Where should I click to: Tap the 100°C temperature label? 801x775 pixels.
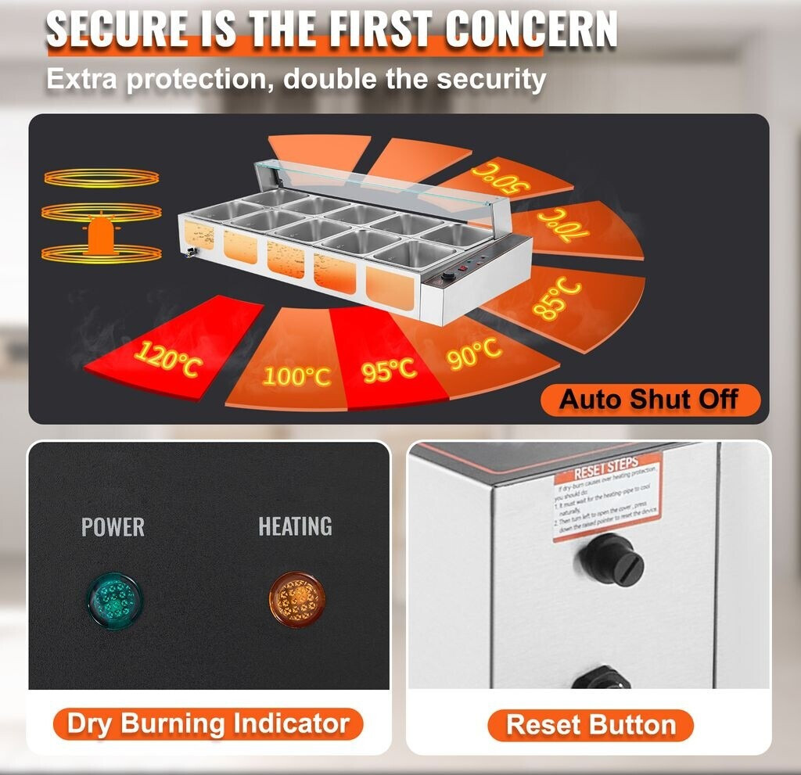pos(296,375)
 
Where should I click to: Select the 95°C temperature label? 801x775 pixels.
pos(389,368)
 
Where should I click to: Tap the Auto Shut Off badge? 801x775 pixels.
pos(648,400)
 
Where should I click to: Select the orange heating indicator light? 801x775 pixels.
pos(296,600)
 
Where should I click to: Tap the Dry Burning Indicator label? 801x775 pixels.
pos(207,723)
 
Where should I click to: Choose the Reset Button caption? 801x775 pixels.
pos(591,725)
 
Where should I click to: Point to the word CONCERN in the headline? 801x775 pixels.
pos(531,29)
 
